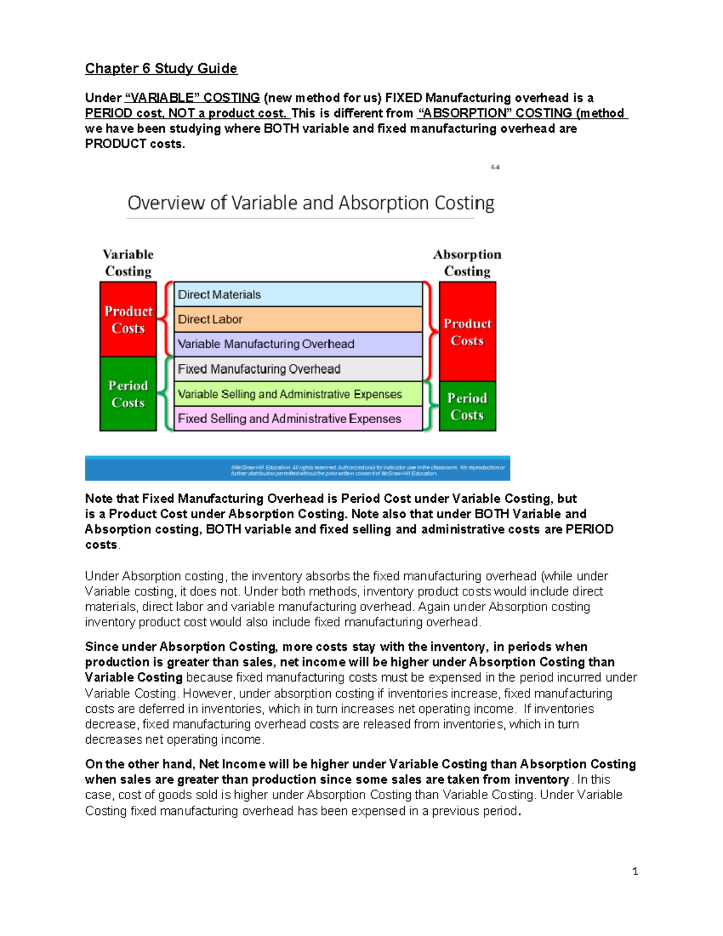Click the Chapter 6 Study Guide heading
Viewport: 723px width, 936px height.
point(161,69)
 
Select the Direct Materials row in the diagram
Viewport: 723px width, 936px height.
point(298,295)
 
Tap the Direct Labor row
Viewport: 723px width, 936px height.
point(298,319)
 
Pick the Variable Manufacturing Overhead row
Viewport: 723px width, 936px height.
point(298,344)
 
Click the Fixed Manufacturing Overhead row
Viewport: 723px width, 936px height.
point(298,369)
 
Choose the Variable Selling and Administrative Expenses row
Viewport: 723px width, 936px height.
point(298,394)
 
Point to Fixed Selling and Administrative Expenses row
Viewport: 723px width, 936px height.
point(298,419)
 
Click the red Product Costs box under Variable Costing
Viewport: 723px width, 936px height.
point(128,319)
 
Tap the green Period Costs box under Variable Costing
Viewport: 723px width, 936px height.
point(128,394)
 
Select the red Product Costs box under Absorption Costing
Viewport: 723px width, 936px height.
point(468,331)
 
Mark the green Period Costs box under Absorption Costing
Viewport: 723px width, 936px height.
point(468,407)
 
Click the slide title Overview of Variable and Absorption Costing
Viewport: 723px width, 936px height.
point(311,203)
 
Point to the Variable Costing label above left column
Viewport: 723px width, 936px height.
point(128,263)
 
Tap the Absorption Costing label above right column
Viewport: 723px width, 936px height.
point(468,263)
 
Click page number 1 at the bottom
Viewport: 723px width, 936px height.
point(635,871)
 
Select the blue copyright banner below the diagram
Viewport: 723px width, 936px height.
point(298,468)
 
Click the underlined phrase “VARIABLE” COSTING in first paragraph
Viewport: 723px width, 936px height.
point(192,98)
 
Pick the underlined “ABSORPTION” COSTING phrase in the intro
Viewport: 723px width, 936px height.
point(495,113)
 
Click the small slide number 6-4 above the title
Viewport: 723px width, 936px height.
point(495,168)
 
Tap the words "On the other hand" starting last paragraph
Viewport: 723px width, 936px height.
point(139,764)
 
